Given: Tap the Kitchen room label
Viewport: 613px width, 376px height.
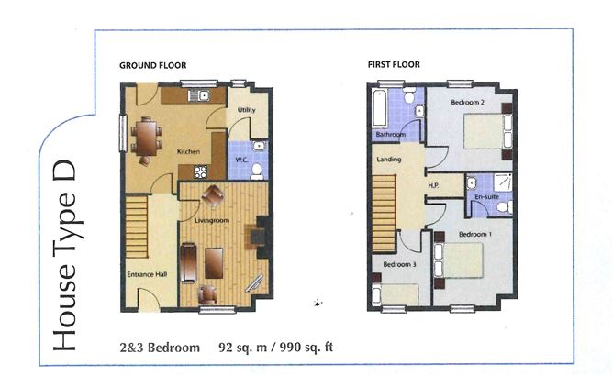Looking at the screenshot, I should pos(188,152).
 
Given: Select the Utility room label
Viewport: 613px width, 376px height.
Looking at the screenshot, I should pos(246,111).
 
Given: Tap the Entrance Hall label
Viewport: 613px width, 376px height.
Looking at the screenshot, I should pos(145,273).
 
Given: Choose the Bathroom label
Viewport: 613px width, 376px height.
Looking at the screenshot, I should pos(390,135).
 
